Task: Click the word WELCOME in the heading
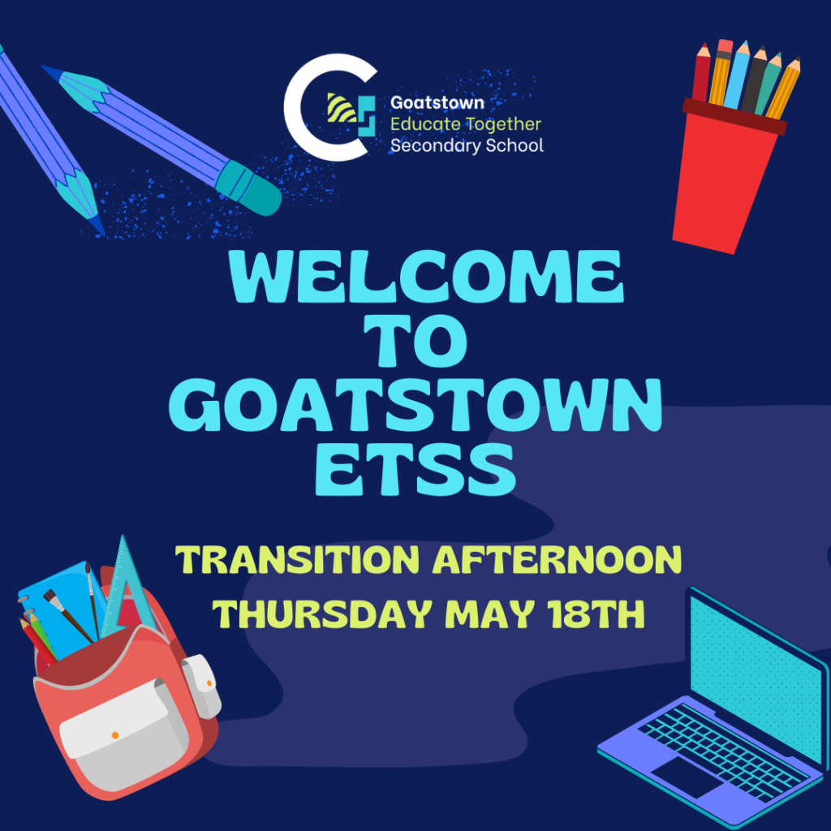click(x=427, y=276)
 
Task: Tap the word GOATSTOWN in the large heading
click(x=415, y=405)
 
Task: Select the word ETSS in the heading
click(x=415, y=470)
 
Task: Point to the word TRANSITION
click(x=297, y=560)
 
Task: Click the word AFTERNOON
click(x=557, y=560)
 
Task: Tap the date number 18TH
click(x=596, y=614)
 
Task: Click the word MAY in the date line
click(x=489, y=614)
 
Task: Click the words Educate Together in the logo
click(x=465, y=124)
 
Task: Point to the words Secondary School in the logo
click(x=467, y=145)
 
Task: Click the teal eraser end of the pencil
click(x=249, y=188)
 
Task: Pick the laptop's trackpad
click(x=688, y=777)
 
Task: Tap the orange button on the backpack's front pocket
click(x=115, y=735)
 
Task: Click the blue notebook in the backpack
click(x=58, y=609)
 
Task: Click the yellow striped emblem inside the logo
click(x=341, y=108)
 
